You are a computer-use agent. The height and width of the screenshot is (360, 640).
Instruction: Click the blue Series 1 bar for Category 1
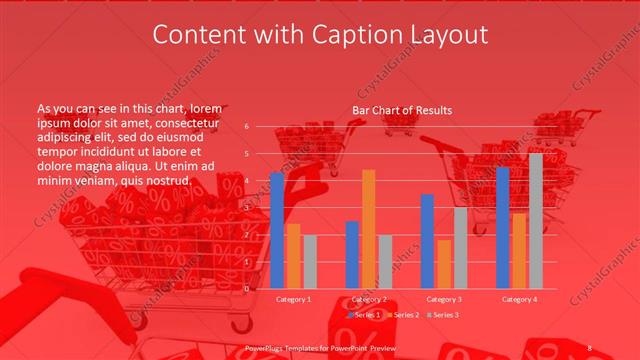277,230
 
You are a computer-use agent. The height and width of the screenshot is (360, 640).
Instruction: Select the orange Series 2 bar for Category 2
369,229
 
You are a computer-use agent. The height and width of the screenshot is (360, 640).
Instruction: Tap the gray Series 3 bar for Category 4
536,221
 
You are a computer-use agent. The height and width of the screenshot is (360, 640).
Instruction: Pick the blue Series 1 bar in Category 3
428,241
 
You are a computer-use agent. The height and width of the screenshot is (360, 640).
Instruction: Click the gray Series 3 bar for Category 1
310,262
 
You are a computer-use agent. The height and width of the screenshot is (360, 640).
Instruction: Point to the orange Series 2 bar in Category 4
519,251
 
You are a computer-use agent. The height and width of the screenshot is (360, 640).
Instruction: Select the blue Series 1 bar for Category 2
352,255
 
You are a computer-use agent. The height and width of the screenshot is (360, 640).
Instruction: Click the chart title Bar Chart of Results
402,110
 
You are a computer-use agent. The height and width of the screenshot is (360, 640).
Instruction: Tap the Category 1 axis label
293,299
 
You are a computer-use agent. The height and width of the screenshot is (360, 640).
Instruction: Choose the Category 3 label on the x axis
444,299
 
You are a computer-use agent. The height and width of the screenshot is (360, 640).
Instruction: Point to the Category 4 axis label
519,299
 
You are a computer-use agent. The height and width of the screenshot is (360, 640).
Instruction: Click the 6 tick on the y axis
247,127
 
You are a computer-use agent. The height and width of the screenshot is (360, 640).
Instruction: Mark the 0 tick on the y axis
247,289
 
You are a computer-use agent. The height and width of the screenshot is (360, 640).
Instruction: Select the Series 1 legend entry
366,314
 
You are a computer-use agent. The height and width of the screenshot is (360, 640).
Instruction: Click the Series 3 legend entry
443,314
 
